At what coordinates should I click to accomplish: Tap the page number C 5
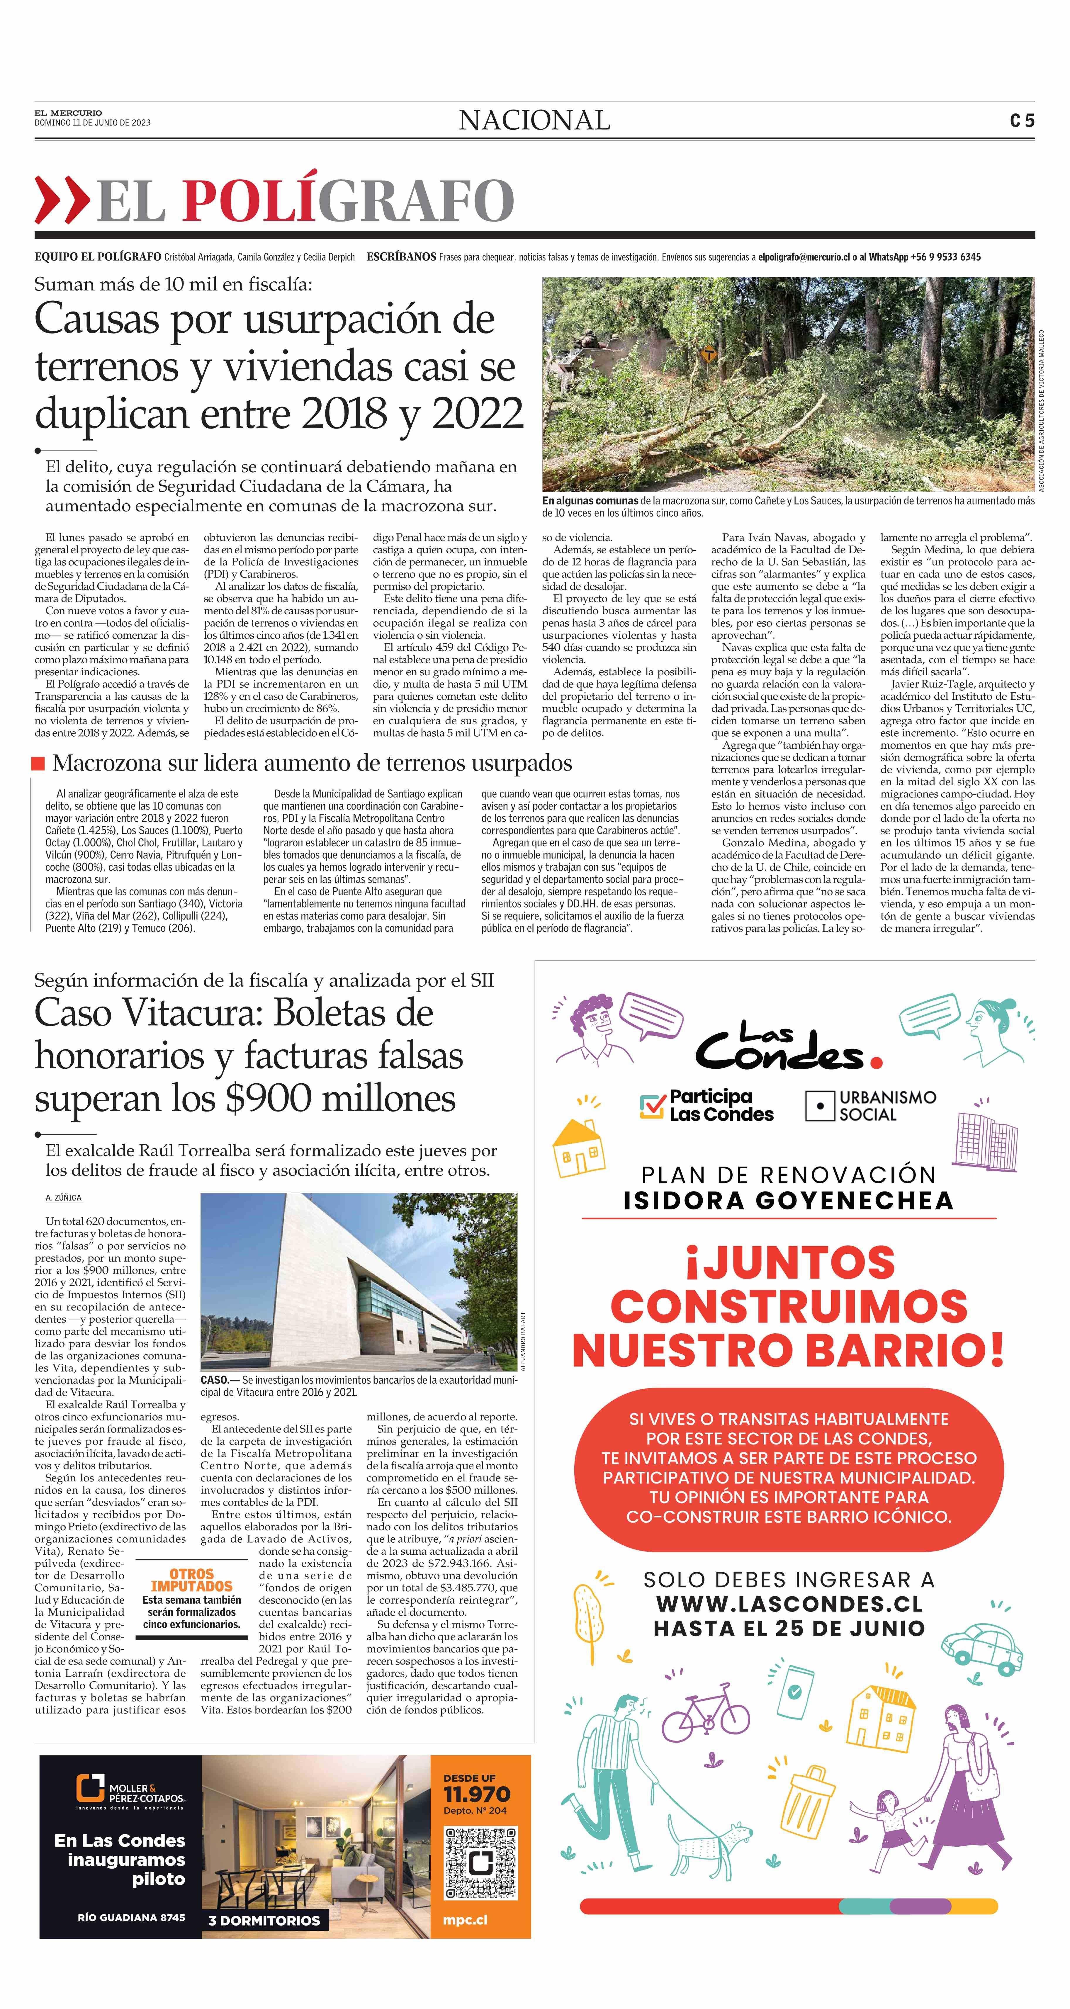(1022, 121)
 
